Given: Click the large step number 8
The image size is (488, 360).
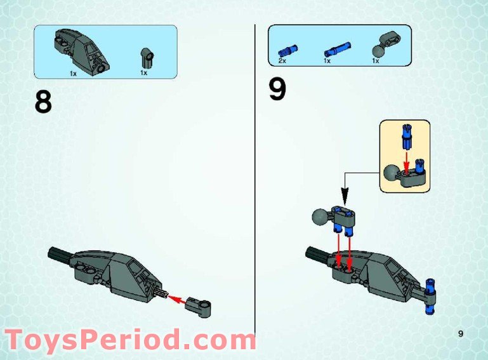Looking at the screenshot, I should [x=43, y=101].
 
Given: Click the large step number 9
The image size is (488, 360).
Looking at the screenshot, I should [x=277, y=90].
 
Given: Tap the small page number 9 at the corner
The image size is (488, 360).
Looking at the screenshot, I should [x=461, y=333].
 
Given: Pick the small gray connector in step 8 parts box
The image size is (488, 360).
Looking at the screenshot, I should [x=147, y=58].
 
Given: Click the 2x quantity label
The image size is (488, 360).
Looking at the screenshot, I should [x=282, y=62].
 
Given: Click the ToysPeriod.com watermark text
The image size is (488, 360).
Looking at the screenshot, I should [x=130, y=340].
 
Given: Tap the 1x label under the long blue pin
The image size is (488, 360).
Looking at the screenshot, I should [x=327, y=62].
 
